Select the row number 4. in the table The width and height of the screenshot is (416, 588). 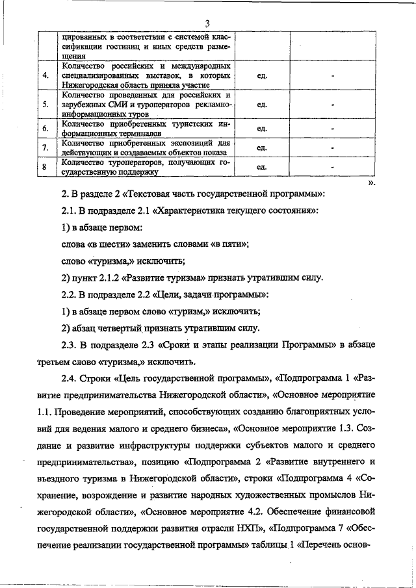pos(45,76)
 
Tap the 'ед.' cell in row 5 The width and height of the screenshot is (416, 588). pos(262,104)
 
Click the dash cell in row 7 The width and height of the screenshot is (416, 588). pos(332,147)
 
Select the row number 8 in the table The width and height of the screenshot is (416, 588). pos(45,167)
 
